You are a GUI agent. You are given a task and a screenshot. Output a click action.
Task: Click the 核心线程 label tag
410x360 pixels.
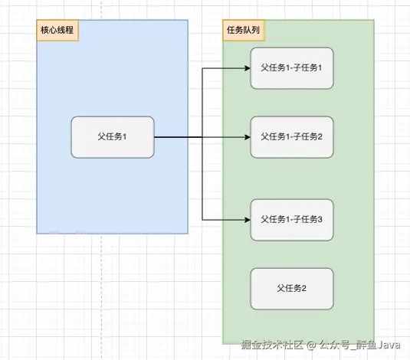[x=58, y=31]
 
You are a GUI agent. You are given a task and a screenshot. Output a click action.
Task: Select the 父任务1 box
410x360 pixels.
[x=113, y=137]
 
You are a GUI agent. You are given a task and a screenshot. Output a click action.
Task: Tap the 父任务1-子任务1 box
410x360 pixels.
[x=292, y=68]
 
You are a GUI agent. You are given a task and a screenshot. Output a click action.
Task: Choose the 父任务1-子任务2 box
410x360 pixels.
[x=292, y=137]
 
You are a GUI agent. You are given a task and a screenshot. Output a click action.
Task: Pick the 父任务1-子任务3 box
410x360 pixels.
[x=292, y=219]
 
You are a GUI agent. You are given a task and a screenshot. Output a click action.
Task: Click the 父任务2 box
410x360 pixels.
[x=292, y=288]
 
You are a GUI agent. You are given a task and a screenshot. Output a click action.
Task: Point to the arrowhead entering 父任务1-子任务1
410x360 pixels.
[x=247, y=68]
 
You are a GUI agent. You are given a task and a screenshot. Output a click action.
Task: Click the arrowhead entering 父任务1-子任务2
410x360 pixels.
[x=247, y=137]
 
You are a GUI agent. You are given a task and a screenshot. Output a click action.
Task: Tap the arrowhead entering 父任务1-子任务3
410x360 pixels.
[x=247, y=219]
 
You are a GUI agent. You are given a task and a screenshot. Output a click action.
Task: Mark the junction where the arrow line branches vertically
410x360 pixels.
[x=202, y=137]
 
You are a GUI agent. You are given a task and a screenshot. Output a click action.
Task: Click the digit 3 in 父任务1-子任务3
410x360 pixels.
[x=320, y=219]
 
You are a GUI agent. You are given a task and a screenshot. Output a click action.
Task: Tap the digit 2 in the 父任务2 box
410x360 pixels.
[x=304, y=288]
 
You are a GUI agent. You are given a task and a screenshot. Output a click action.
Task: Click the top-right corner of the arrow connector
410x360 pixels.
[x=202, y=68]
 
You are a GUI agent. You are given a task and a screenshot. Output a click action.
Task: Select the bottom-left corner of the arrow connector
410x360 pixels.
[x=202, y=219]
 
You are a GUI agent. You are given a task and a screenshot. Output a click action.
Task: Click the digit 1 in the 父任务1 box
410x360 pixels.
[x=125, y=137]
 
